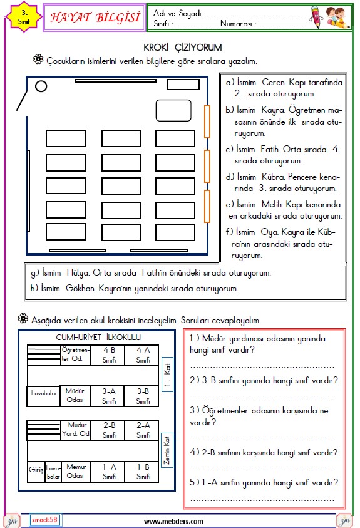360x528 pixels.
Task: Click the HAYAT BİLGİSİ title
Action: click(95, 18)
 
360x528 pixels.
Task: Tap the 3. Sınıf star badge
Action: click(24, 17)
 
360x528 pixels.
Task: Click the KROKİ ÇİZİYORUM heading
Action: click(183, 48)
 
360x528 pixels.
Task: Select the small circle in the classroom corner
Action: click(41, 86)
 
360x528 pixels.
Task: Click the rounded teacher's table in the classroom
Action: click(173, 110)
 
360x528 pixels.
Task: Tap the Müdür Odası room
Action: click(75, 396)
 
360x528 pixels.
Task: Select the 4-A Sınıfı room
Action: click(143, 355)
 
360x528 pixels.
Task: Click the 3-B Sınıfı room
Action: click(143, 396)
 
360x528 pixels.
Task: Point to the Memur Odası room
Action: click(76, 472)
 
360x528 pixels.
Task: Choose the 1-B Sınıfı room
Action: click(143, 472)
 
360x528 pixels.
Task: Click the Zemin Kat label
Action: click(167, 450)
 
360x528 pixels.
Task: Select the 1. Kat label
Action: click(167, 375)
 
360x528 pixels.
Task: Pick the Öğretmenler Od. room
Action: click(76, 355)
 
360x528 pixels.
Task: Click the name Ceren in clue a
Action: click(274, 83)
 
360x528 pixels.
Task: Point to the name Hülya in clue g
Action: click(78, 272)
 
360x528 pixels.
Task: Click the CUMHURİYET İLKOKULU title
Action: click(98, 338)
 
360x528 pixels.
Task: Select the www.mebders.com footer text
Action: click(173, 522)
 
